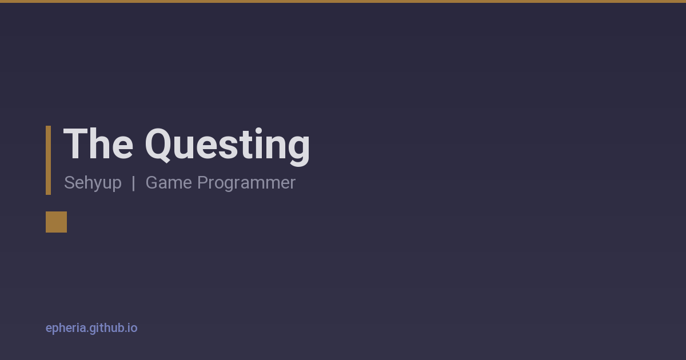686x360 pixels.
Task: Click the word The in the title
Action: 98,144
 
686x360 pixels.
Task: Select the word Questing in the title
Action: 228,147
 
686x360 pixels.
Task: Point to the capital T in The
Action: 75,144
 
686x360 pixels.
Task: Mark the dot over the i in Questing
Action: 259,131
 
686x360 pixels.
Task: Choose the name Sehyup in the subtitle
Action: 93,183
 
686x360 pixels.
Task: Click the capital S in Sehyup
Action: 70,182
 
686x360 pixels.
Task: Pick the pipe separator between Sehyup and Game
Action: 134,183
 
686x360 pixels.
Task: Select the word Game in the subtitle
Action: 169,182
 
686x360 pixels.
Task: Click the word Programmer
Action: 246,183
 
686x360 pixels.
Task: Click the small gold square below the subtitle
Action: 57,222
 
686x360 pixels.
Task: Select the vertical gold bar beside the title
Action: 49,160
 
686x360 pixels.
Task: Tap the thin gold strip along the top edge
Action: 343,1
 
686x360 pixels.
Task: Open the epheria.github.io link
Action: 91,328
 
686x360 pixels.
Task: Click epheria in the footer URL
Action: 66,329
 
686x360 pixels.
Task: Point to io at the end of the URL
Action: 133,328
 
